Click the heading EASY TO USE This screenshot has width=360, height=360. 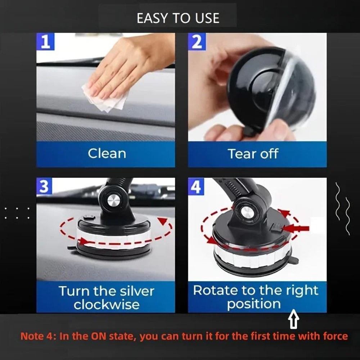[x=178, y=18]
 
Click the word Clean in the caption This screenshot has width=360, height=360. [x=107, y=154]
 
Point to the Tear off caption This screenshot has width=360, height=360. [x=253, y=154]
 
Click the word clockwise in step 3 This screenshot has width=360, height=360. [x=107, y=305]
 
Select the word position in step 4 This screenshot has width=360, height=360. [x=253, y=304]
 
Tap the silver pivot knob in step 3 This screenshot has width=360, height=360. [x=114, y=200]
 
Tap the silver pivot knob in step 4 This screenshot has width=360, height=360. [x=247, y=212]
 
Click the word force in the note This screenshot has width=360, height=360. [x=332, y=337]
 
